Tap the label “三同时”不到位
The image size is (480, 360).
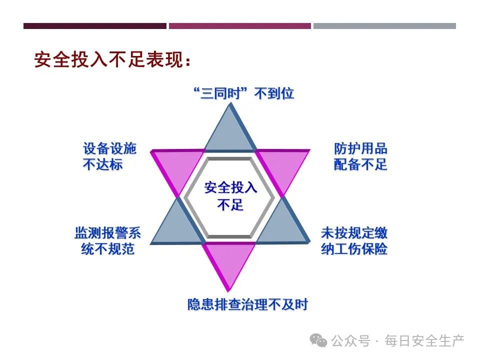click(x=244, y=93)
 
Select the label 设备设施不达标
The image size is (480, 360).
click(x=109, y=156)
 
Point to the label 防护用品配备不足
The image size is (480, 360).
click(x=360, y=156)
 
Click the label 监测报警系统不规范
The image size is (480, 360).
click(x=108, y=241)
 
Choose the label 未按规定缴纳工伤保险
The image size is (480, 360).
click(x=354, y=241)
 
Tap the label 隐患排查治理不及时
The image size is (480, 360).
click(x=247, y=304)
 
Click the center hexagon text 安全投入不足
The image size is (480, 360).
click(x=230, y=196)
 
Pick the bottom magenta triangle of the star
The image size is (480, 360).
click(x=229, y=259)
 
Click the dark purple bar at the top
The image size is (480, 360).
click(x=95, y=26)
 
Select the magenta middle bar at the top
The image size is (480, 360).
click(x=240, y=26)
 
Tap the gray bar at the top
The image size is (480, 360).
click(x=385, y=26)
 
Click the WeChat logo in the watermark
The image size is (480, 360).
click(x=318, y=340)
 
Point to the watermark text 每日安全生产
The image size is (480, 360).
click(x=424, y=340)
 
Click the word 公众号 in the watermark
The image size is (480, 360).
click(x=351, y=340)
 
